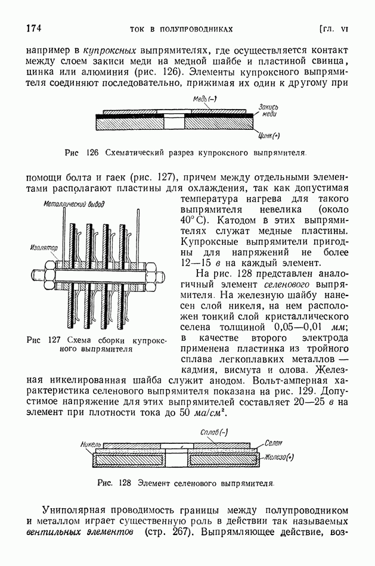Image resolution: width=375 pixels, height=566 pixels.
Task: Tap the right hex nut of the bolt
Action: click(162, 275)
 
